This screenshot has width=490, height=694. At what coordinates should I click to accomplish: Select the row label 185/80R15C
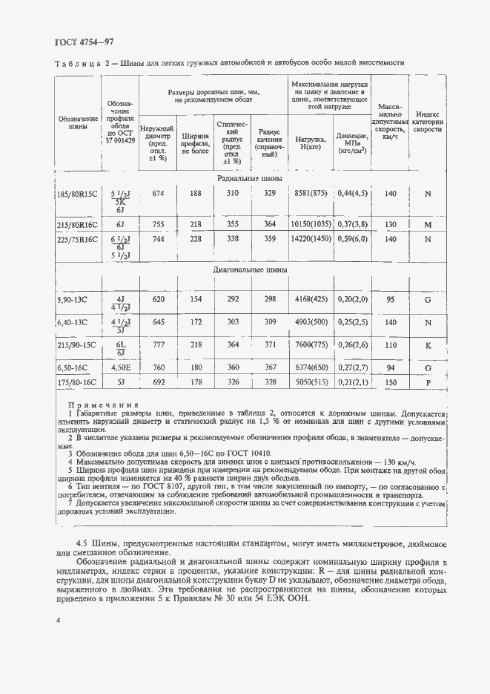click(x=77, y=194)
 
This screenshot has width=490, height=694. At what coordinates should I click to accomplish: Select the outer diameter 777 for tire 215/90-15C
click(x=158, y=346)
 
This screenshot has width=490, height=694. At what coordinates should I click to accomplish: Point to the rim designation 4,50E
click(x=119, y=367)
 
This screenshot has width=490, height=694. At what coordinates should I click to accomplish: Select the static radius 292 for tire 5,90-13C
click(x=233, y=300)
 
